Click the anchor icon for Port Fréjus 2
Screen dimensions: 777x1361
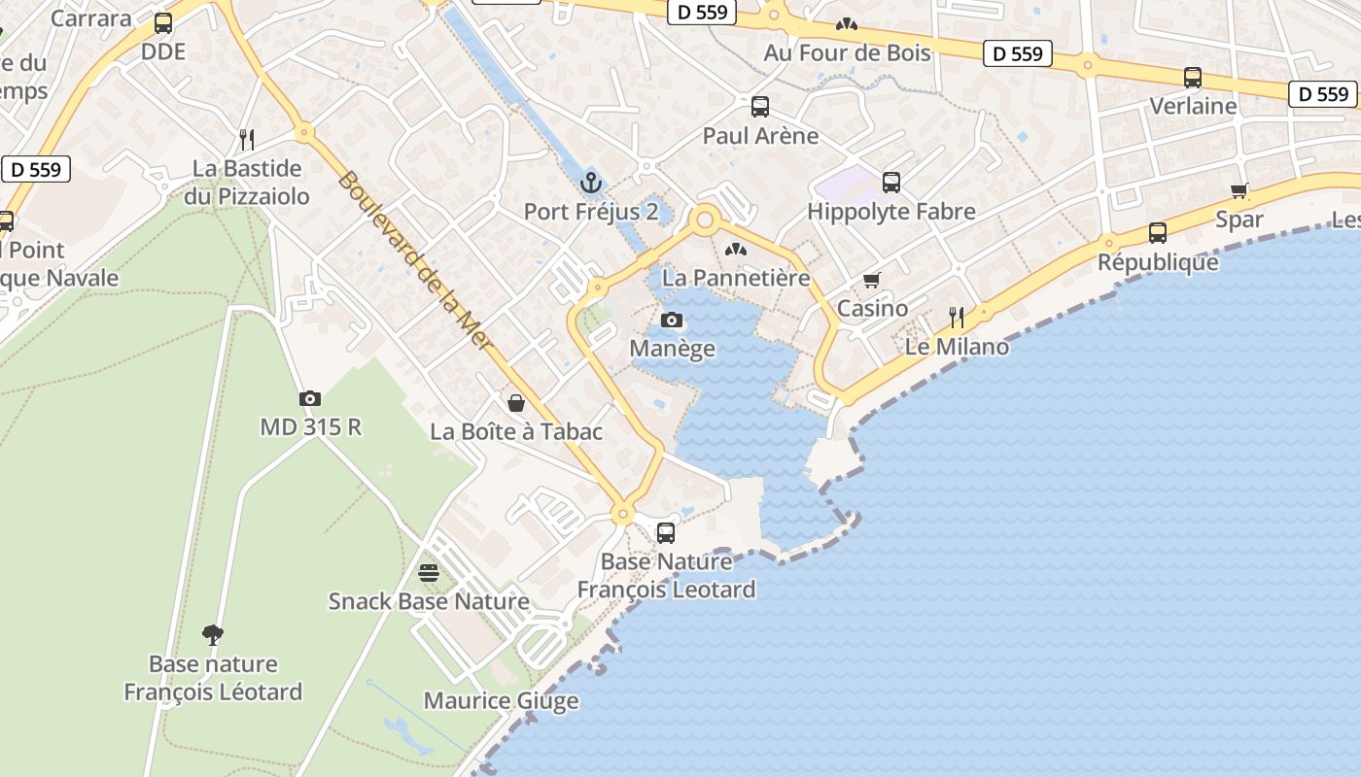pos(590,182)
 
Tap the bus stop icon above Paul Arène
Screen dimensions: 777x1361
pos(760,107)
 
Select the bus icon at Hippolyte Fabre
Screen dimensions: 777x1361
pos(891,182)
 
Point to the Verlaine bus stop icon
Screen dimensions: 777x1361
pos(1193,78)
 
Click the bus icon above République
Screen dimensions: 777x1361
pos(1157,233)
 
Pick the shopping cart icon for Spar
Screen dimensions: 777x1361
pos(1239,190)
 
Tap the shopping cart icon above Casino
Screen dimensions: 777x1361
pos(872,280)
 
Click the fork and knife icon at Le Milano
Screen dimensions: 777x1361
pos(957,318)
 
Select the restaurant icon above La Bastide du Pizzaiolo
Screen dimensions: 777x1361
pos(247,139)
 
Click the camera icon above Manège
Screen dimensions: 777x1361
pos(672,320)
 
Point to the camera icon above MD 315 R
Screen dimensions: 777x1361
pos(310,398)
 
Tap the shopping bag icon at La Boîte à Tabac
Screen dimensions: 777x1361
pos(516,402)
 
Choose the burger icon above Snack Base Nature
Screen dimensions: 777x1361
pos(429,572)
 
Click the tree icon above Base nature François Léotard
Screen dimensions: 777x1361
pos(213,635)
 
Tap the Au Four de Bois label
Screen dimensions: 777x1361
pos(847,52)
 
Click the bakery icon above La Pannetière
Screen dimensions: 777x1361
pos(736,250)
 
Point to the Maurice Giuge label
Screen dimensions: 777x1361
pos(501,700)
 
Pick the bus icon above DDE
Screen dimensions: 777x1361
pos(163,23)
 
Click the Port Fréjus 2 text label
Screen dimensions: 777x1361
pos(591,211)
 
